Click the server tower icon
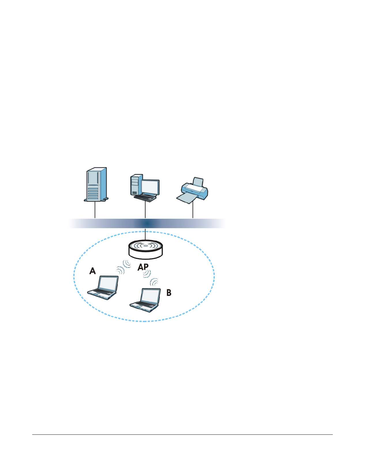click(x=96, y=184)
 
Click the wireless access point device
click(x=146, y=249)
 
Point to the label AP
click(x=143, y=267)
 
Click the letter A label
click(x=93, y=271)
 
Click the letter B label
click(x=169, y=293)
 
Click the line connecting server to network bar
click(x=95, y=210)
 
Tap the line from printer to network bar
click(x=193, y=210)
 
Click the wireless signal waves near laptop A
click(x=124, y=267)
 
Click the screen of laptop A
click(x=108, y=283)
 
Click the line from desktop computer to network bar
click(x=145, y=210)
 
